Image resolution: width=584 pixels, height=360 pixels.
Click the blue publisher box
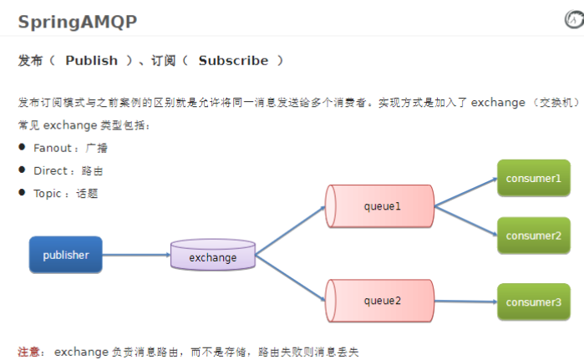(x=65, y=255)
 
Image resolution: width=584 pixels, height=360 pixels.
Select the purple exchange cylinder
(x=213, y=256)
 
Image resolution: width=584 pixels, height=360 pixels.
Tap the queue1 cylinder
(x=380, y=206)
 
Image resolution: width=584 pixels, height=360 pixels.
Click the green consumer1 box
(x=532, y=179)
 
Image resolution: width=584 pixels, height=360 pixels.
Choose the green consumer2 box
(x=532, y=236)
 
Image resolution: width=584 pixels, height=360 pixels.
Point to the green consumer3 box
(x=532, y=302)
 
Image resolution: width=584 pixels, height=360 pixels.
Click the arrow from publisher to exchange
(x=135, y=255)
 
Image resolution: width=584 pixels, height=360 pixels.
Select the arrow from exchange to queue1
(x=290, y=230)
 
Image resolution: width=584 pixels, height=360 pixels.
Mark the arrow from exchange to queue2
(x=290, y=276)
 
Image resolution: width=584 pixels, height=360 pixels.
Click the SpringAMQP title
(x=78, y=22)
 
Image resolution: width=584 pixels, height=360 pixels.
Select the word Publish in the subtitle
(x=91, y=60)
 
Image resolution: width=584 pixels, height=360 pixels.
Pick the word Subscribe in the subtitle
(x=233, y=60)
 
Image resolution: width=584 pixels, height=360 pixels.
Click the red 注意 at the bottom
(x=29, y=352)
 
